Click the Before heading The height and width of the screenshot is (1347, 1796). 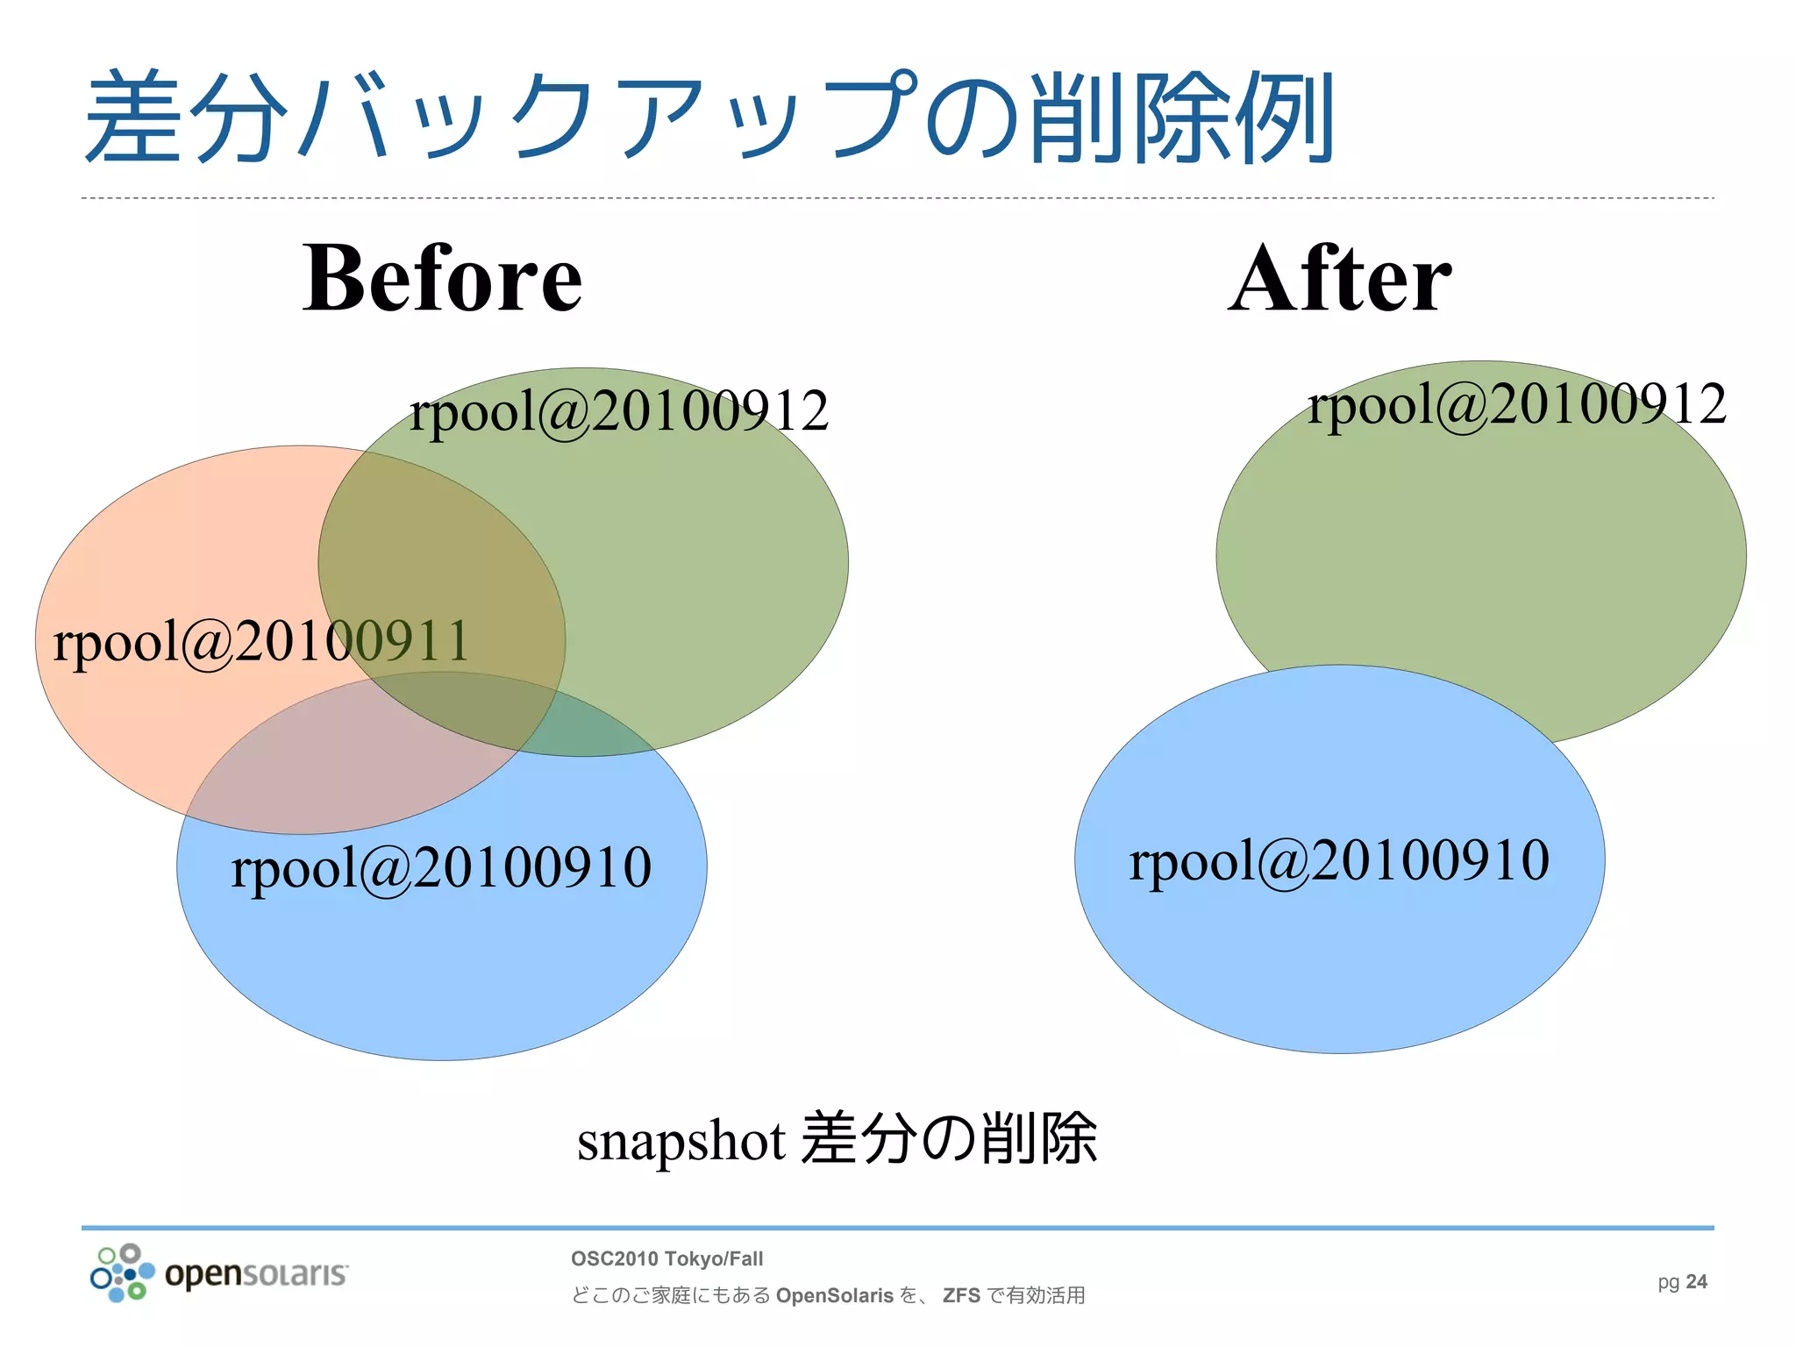[x=442, y=279]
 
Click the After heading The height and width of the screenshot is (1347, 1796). [x=1339, y=279]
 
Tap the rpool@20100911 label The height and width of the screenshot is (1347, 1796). [x=261, y=641]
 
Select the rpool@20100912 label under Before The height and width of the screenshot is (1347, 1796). [x=618, y=410]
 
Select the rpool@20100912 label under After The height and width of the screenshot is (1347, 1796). [x=1516, y=404]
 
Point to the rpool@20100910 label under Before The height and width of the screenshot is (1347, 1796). [x=441, y=867]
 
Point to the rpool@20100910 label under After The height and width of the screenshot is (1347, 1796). [x=1339, y=860]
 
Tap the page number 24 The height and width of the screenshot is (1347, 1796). [x=1696, y=1282]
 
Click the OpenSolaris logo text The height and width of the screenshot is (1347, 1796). [x=256, y=1273]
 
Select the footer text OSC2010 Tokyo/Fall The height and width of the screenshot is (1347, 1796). [x=666, y=1259]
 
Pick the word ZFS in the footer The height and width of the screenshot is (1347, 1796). [x=961, y=1295]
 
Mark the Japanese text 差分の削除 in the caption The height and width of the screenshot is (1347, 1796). [x=949, y=1139]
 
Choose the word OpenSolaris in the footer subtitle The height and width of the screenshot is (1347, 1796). [x=834, y=1295]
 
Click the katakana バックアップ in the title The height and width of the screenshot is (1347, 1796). [x=605, y=118]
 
